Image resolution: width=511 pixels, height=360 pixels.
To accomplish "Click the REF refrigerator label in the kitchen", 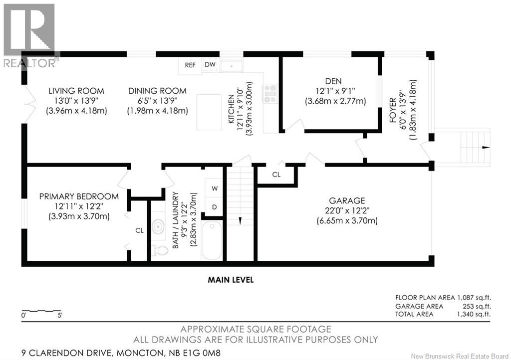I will pos(190,65).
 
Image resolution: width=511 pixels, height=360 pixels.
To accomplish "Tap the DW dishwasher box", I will pos(210,65).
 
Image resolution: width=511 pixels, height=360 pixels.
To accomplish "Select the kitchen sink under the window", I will pos(231,66).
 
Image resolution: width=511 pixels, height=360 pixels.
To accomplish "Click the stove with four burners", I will pos(270,93).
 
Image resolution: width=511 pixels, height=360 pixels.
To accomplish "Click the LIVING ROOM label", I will pos(76,91).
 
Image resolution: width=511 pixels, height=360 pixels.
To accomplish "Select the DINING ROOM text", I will pos(157,91).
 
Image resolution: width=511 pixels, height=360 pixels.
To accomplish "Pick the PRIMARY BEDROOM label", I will pos(79,196).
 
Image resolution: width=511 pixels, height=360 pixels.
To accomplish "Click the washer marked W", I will pos(215,188).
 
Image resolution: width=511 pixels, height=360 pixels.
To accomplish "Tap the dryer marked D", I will pos(215,206).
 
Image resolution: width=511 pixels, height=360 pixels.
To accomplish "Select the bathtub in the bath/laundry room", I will pos(213,240).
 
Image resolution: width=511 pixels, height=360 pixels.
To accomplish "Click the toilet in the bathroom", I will pos(159,249).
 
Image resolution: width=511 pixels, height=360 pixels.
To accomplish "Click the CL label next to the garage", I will pos(276,175).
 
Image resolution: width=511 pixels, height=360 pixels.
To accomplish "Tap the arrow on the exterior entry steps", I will pos(486,148).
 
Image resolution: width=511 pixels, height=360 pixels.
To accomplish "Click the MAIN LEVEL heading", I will pos(231,280).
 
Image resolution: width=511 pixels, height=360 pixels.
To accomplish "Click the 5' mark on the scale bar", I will pos(59,315).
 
